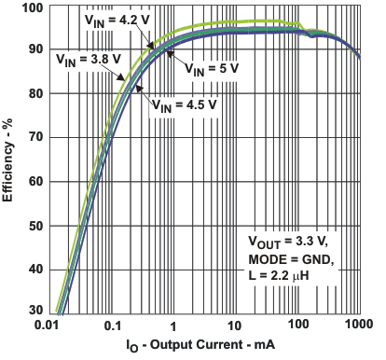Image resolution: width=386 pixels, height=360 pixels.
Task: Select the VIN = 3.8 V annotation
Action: click(x=80, y=60)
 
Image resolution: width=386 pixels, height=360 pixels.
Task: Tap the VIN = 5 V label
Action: click(x=214, y=69)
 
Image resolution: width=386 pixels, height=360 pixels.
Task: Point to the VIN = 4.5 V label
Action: click(x=184, y=104)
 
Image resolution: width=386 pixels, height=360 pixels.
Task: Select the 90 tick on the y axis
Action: click(x=34, y=50)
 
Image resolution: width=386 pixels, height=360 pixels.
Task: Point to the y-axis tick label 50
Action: click(x=34, y=225)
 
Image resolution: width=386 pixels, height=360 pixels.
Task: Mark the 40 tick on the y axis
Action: click(x=34, y=269)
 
